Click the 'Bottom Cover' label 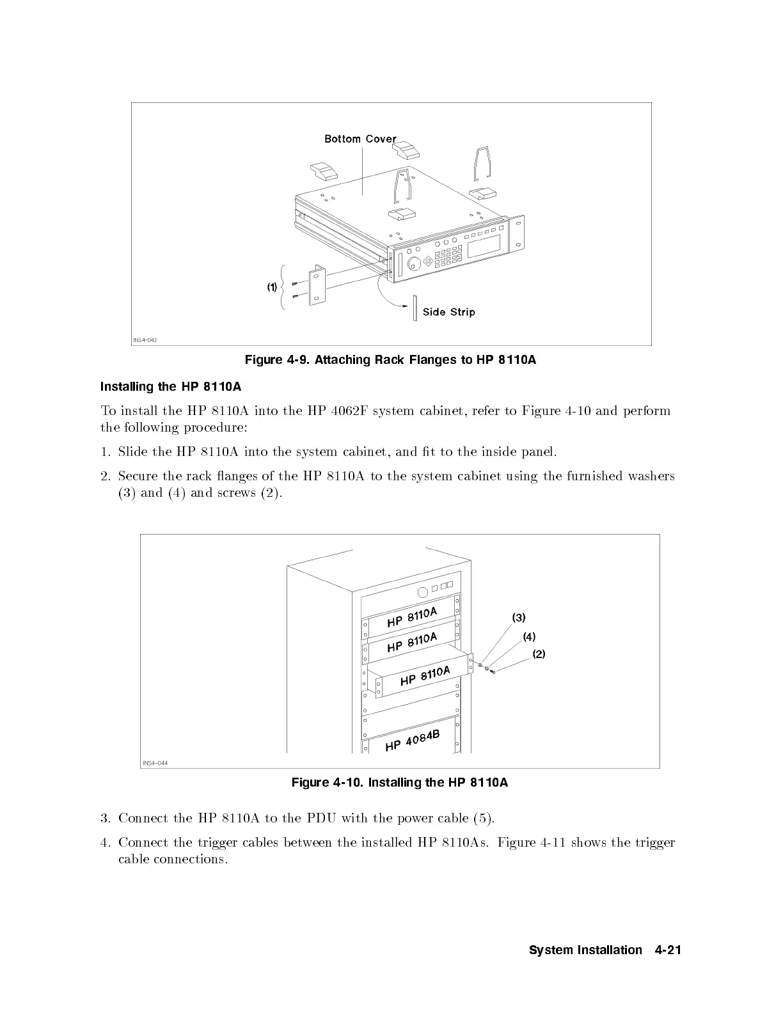[360, 139]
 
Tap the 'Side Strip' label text [448, 312]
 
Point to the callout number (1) [272, 287]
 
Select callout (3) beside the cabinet [519, 618]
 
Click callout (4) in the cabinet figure [529, 636]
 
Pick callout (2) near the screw [539, 654]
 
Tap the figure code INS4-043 [145, 340]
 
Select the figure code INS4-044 [154, 763]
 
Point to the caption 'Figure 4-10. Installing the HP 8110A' [400, 782]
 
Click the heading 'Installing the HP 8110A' [171, 386]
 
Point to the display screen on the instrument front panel [484, 247]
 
